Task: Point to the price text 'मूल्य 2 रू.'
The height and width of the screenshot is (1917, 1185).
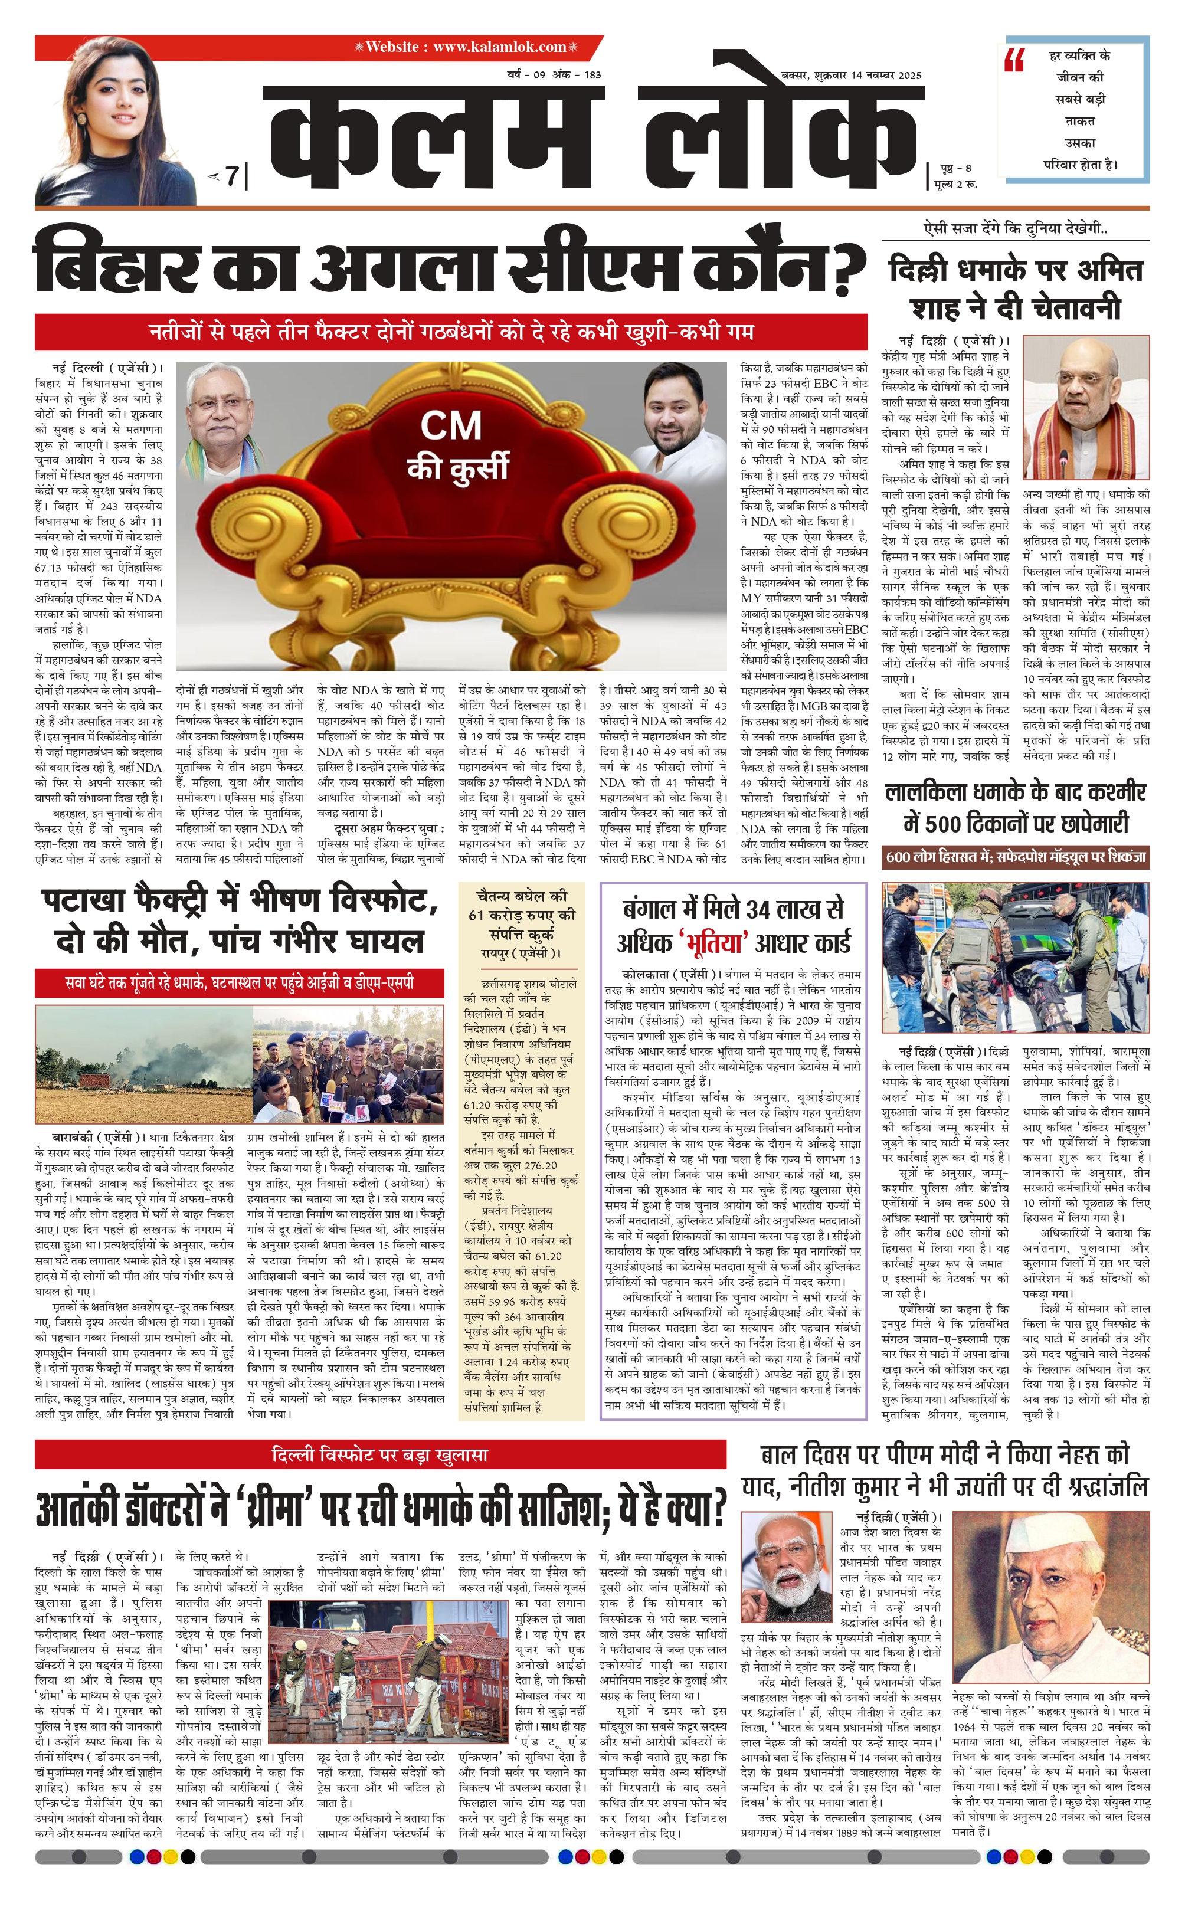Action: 955,184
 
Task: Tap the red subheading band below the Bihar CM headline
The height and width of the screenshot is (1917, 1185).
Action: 451,332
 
